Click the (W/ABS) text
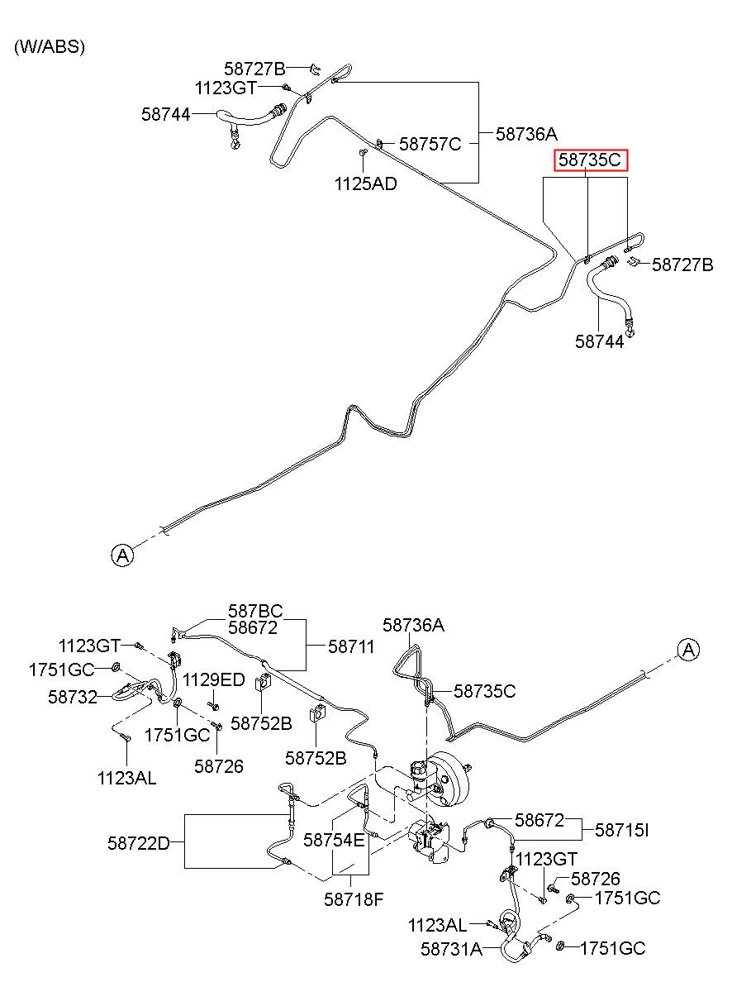[50, 46]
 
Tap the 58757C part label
[430, 144]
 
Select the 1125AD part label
[366, 184]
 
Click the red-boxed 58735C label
[591, 160]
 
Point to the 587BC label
[255, 611]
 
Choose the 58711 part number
[351, 646]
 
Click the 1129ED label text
[214, 679]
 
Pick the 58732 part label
[73, 697]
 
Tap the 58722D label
[139, 844]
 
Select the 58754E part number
[334, 840]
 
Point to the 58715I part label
[621, 830]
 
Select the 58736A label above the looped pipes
[414, 625]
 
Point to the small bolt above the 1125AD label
[362, 153]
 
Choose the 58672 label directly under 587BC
[253, 627]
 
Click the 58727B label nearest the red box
[682, 265]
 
